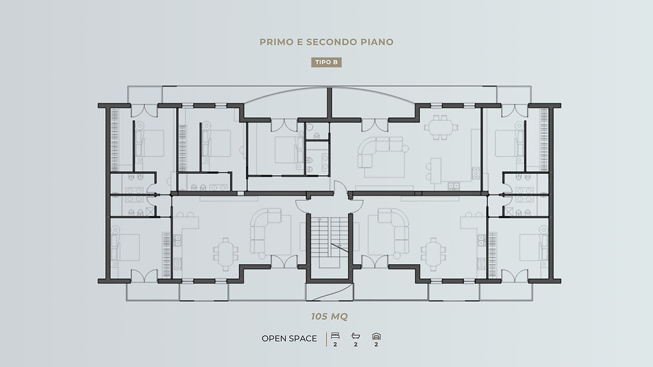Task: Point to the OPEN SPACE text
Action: (289, 339)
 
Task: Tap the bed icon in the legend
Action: (334, 336)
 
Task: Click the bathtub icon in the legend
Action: (355, 336)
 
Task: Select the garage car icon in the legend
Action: (376, 336)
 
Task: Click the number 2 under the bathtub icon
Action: (355, 344)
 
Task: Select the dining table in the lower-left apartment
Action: (225, 249)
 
